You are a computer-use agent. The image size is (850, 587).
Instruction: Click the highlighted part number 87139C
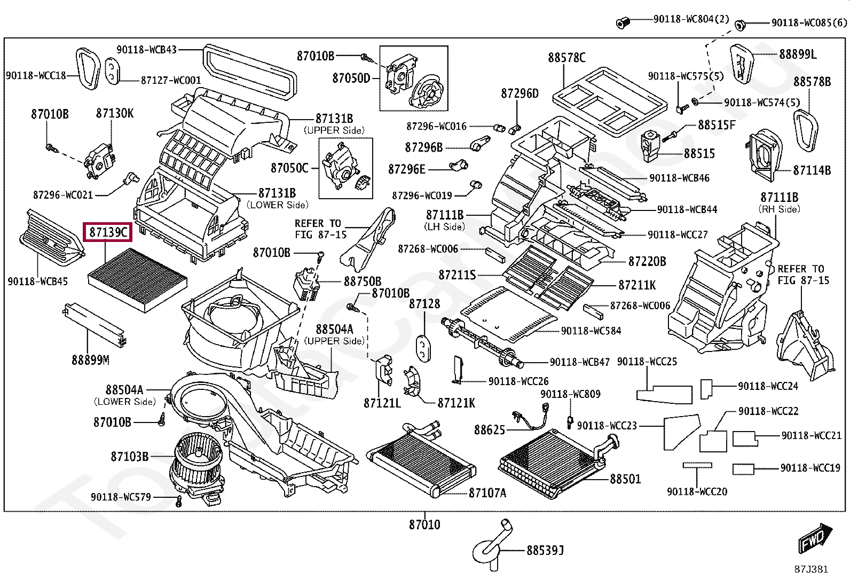[x=108, y=232]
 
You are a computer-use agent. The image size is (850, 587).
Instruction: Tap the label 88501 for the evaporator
[x=625, y=479]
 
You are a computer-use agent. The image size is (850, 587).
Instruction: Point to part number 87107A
[x=487, y=492]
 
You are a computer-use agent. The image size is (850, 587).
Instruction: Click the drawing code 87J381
[x=810, y=569]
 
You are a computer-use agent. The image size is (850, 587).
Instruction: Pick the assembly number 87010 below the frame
[x=424, y=525]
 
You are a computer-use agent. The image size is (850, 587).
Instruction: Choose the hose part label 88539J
[x=545, y=550]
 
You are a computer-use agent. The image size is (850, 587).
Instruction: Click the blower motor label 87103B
[x=129, y=456]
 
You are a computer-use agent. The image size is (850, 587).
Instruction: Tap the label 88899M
[x=90, y=360]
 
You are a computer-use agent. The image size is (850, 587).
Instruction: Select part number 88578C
[x=566, y=57]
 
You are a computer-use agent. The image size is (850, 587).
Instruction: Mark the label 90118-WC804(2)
[x=691, y=19]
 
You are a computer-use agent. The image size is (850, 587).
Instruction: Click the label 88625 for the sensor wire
[x=490, y=429]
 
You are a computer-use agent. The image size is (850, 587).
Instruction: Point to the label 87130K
[x=115, y=113]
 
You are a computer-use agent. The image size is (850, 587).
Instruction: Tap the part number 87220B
[x=647, y=261]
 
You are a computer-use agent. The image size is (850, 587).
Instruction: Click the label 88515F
[x=717, y=125]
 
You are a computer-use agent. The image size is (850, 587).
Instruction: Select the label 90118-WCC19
[x=810, y=468]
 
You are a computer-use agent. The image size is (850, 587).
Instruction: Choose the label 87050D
[x=351, y=78]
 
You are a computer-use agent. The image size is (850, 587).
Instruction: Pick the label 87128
[x=424, y=303]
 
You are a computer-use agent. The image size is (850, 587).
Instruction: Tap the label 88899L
[x=798, y=54]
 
